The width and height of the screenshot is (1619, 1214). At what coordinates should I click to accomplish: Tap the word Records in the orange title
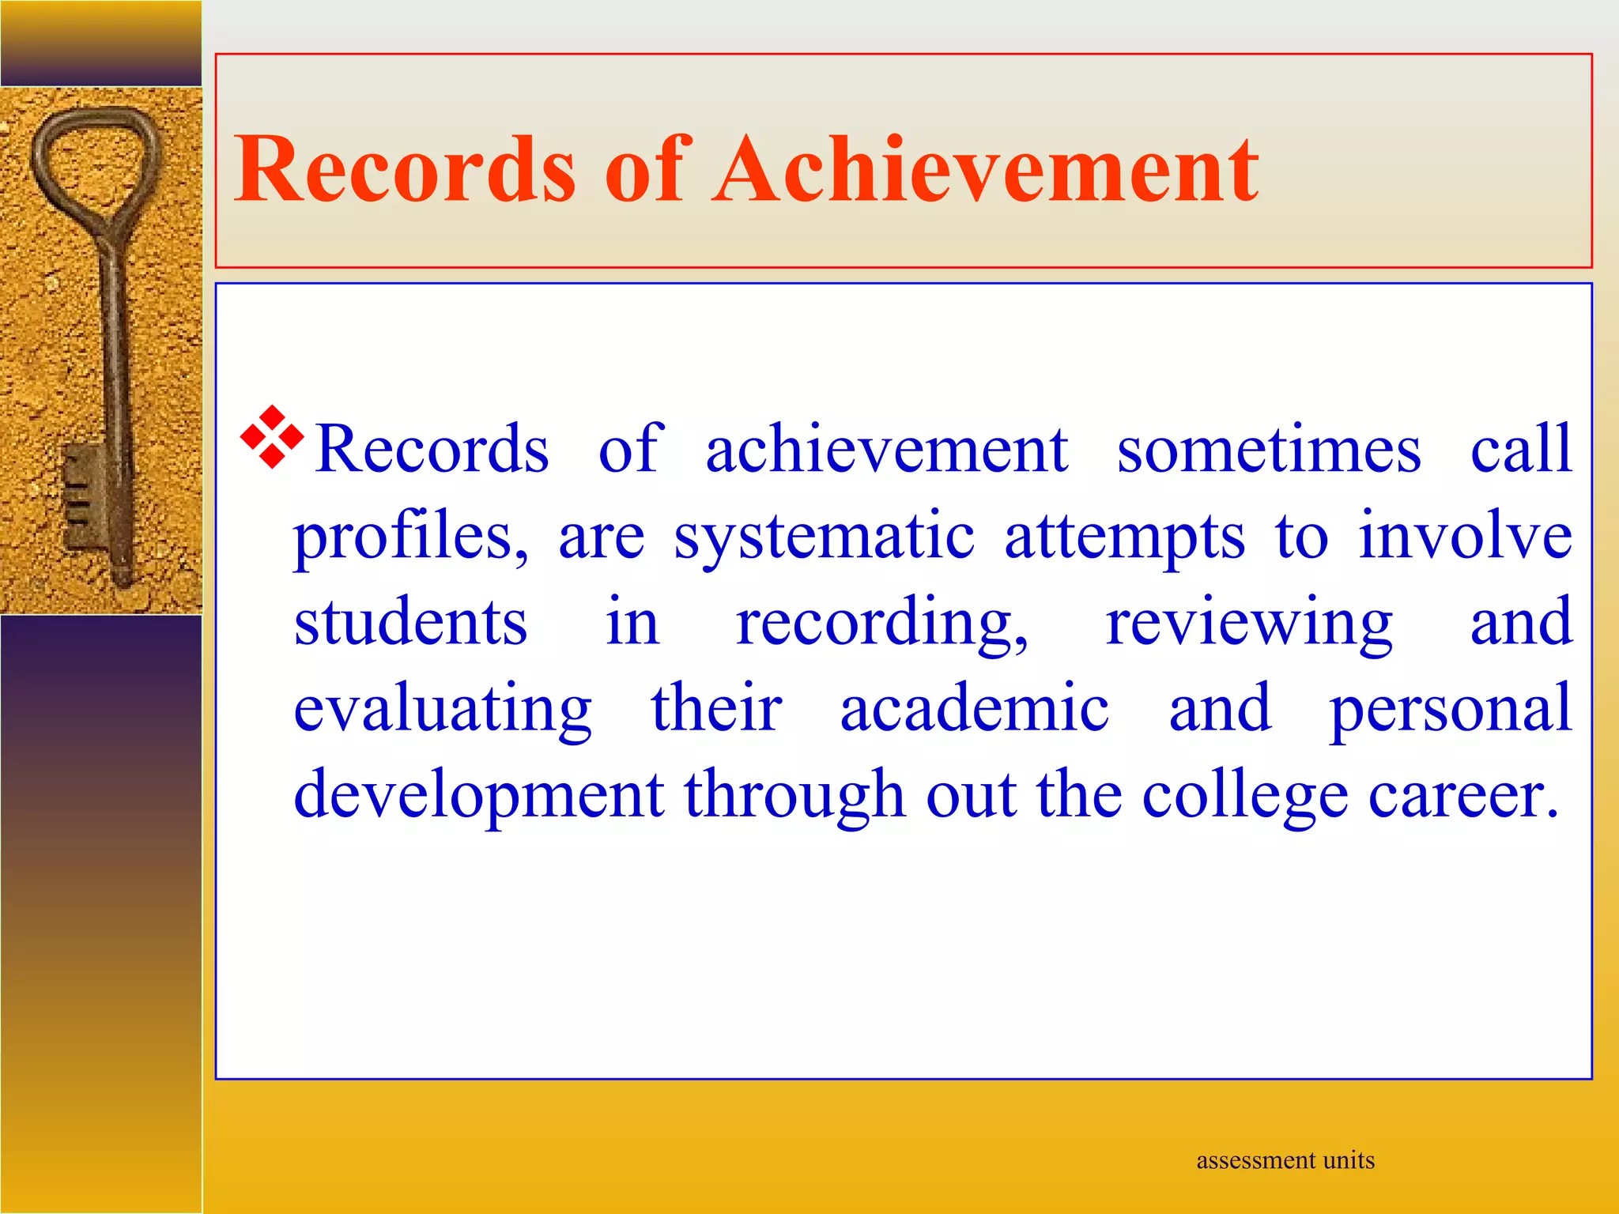click(x=405, y=169)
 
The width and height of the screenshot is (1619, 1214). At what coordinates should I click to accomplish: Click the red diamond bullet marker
click(x=272, y=436)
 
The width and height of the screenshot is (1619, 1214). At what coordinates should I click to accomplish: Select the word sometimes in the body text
click(x=1269, y=449)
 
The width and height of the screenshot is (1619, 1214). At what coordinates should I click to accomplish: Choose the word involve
click(x=1465, y=536)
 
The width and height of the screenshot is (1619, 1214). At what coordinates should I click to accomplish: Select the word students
click(x=410, y=623)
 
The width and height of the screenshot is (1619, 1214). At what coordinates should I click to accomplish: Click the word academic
click(x=974, y=708)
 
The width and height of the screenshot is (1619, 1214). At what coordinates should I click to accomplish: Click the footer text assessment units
click(x=1285, y=1160)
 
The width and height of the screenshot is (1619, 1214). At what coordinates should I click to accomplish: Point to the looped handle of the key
click(x=95, y=158)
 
